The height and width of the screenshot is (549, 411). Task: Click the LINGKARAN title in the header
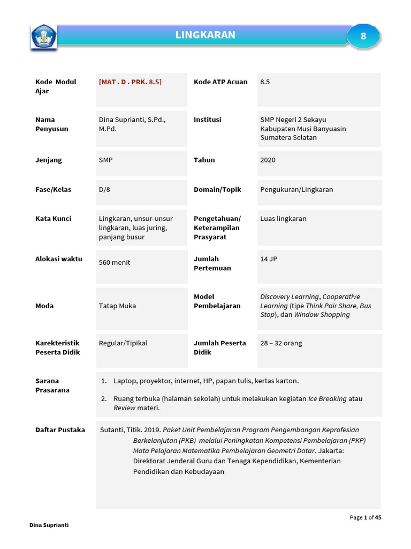pos(205,35)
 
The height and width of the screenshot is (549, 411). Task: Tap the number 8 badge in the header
pos(363,36)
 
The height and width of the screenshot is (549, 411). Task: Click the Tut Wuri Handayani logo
pos(43,36)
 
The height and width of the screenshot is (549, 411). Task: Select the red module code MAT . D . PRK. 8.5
pos(130,82)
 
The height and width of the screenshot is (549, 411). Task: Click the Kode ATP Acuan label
pos(220,82)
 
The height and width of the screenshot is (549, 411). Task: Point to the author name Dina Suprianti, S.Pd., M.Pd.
pos(132,124)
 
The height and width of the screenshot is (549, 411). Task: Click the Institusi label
pos(207,120)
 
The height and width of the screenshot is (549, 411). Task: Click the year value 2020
pos(268,160)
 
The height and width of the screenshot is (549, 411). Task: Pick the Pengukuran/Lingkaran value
pos(296,189)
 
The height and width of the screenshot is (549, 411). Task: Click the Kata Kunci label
pos(53,219)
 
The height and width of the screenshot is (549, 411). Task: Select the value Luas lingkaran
pos(283,219)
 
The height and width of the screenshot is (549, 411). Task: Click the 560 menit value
pos(115,263)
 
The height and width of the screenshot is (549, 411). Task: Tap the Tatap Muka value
pos(117,306)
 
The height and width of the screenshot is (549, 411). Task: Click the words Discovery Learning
pos(290,297)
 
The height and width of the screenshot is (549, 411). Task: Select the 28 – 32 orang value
pos(281,343)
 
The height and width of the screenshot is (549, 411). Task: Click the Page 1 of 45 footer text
pos(365,517)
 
